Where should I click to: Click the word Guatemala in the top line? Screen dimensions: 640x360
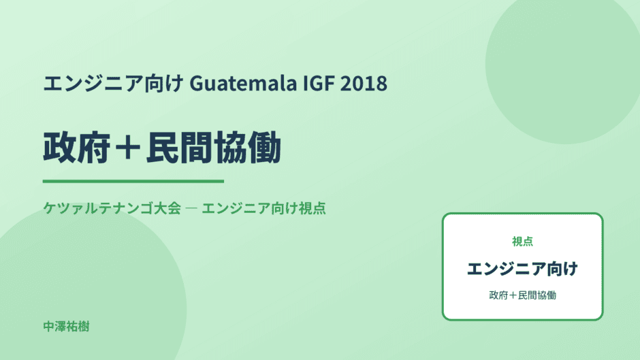(243, 83)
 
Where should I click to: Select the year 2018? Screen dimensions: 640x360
(364, 83)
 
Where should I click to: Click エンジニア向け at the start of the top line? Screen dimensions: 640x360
(113, 83)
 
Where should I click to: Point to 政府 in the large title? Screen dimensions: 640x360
(77, 148)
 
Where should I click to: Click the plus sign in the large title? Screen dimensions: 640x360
(128, 148)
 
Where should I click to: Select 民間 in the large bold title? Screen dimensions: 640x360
(179, 148)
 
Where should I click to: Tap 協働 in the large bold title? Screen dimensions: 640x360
(247, 148)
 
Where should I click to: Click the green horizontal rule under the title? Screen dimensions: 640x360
(133, 181)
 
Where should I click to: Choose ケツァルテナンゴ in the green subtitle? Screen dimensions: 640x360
(98, 208)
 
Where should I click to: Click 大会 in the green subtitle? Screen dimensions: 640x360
(167, 208)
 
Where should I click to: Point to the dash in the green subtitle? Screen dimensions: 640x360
(191, 208)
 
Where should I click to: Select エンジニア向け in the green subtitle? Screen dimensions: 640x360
(250, 208)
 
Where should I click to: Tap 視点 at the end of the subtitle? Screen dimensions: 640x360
(313, 208)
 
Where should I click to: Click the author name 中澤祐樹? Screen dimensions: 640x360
(66, 327)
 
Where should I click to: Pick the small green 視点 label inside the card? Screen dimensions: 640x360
(522, 241)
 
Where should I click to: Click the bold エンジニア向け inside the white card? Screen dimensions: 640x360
(522, 269)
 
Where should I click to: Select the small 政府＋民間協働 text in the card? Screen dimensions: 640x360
(522, 295)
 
